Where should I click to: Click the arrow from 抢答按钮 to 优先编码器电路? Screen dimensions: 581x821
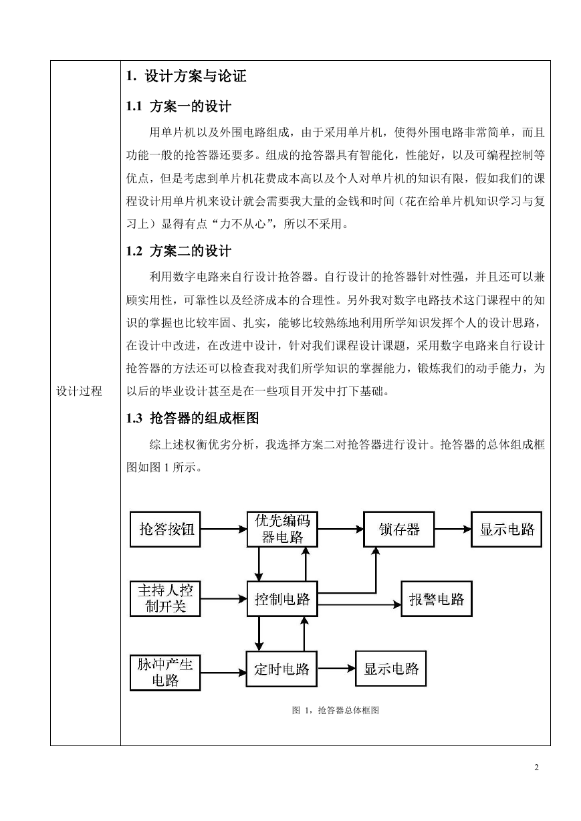pyautogui.click(x=223, y=529)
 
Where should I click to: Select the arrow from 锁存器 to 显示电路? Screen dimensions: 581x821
pyautogui.click(x=453, y=529)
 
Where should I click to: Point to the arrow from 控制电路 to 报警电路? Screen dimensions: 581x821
pyautogui.click(x=359, y=604)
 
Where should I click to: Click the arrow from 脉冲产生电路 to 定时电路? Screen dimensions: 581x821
pyautogui.click(x=223, y=673)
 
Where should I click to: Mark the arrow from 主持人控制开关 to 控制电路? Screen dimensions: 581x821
pyautogui.click(x=223, y=599)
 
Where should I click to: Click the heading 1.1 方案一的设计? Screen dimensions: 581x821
pyautogui.click(x=179, y=106)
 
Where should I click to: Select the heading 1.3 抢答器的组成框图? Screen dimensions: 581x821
pyautogui.click(x=193, y=418)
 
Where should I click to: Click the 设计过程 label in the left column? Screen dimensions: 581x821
pyautogui.click(x=79, y=391)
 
